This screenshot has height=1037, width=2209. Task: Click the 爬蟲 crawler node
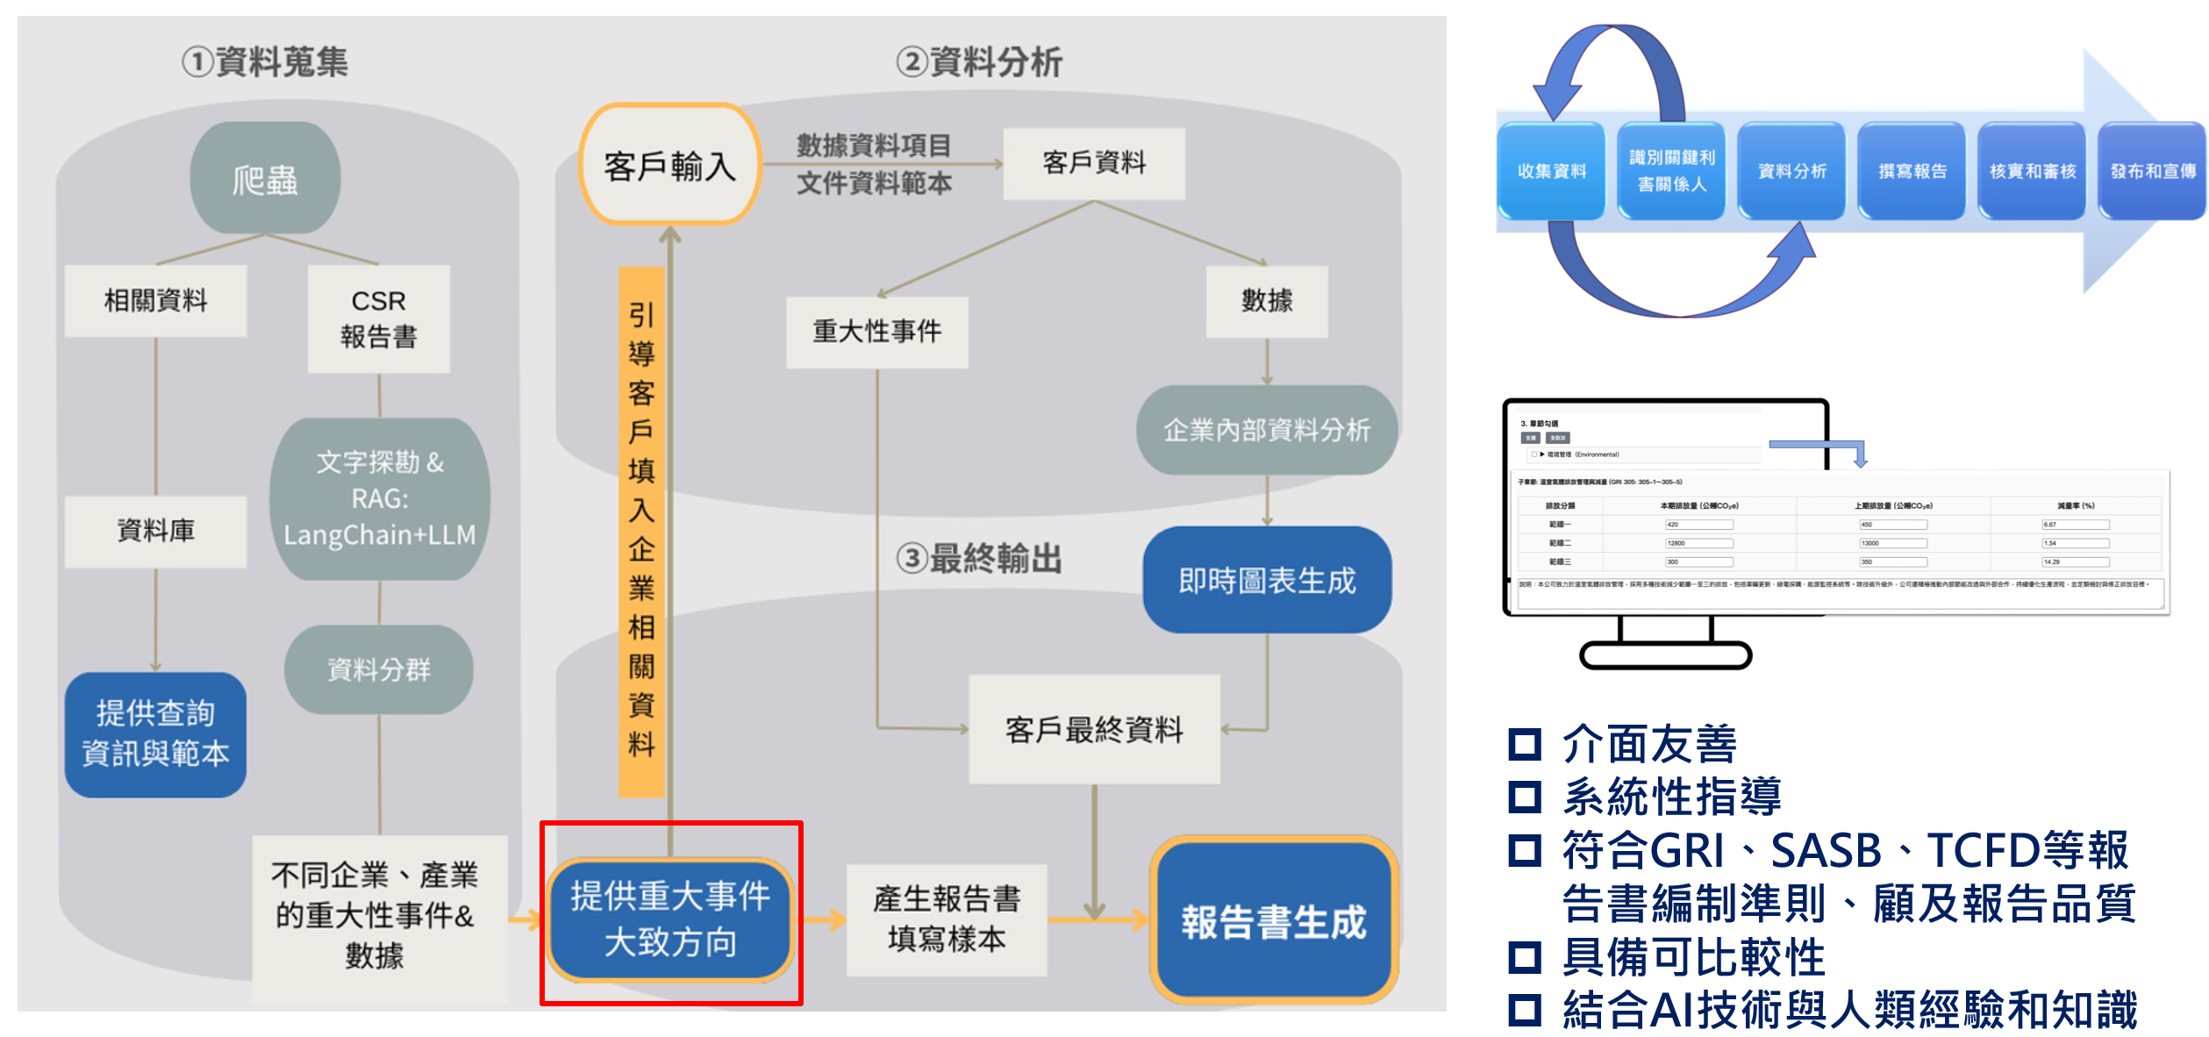tap(265, 178)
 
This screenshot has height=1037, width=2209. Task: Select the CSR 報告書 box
tap(378, 318)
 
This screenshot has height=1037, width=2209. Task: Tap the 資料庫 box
tap(156, 531)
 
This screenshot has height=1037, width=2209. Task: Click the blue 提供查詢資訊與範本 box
tap(155, 733)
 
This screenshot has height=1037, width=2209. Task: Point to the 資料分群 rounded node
tap(378, 669)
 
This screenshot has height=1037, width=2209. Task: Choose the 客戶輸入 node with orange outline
tap(669, 165)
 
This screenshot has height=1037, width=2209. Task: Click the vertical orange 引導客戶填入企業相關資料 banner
tap(641, 531)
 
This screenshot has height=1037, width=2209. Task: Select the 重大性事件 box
tap(876, 332)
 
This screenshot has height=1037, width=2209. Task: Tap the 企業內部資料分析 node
tap(1266, 430)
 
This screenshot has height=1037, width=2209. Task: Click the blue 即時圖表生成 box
tap(1266, 580)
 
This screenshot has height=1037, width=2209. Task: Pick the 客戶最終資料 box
tap(1094, 729)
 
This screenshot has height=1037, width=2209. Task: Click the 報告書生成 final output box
tap(1273, 921)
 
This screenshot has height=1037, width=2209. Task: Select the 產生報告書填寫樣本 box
tap(947, 919)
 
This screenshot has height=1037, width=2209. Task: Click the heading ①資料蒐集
tap(266, 62)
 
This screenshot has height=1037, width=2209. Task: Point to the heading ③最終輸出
tap(979, 558)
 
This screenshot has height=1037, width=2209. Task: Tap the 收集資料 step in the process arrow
tap(1551, 171)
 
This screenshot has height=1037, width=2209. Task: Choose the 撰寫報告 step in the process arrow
tap(1912, 171)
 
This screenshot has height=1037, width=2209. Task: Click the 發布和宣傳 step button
tap(2152, 171)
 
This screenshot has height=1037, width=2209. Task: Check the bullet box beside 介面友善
tap(1524, 744)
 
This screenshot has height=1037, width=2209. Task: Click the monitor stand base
tap(1665, 655)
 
